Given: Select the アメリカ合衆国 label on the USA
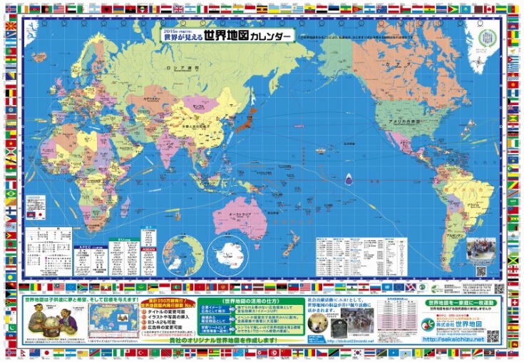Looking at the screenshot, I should (x=403, y=123).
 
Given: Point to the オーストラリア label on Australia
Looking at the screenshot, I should (x=237, y=214).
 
